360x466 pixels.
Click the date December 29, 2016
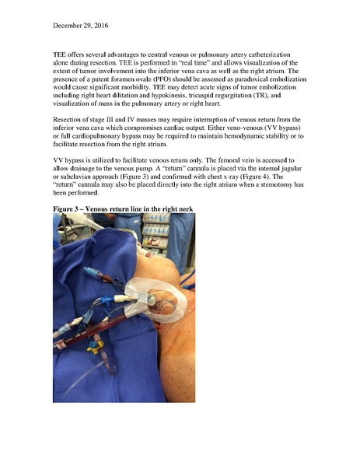point(81,26)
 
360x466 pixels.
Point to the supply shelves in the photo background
point(155,233)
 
